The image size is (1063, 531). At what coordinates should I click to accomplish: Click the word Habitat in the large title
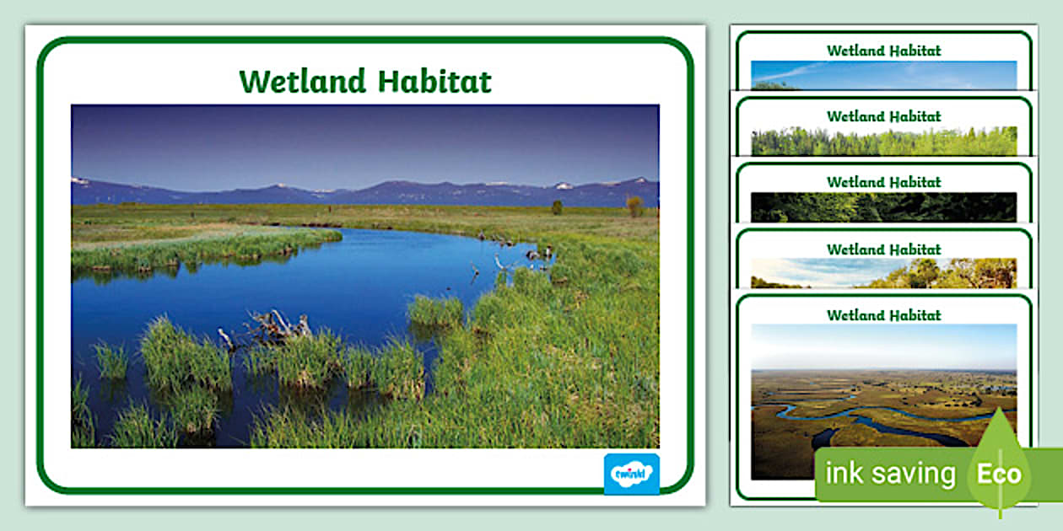coord(434,82)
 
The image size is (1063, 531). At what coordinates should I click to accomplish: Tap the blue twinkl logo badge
coord(631,474)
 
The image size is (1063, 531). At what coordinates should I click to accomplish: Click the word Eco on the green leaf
coord(999,474)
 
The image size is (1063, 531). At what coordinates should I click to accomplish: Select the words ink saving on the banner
coord(890,474)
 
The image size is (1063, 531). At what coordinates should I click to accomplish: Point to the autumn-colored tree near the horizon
coord(634,205)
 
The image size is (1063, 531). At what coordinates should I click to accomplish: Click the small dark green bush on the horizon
coord(557,206)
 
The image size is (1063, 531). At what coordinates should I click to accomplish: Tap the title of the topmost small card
coord(883,51)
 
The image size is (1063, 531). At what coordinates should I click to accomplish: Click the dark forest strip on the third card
coord(883,207)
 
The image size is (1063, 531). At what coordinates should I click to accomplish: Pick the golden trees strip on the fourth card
coord(945,273)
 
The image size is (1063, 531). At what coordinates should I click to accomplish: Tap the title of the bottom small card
coord(883,315)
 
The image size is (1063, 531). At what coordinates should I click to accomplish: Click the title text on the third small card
coord(883,182)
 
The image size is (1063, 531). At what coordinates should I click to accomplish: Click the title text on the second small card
coord(883,116)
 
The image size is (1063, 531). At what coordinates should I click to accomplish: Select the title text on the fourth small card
coord(883,249)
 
